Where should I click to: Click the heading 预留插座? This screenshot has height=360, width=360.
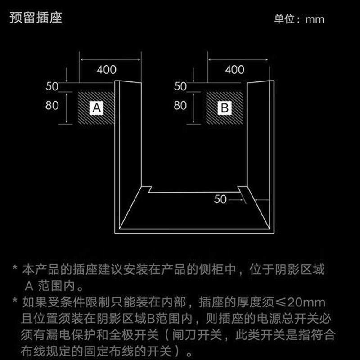click(36, 18)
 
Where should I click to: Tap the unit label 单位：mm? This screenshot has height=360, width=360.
click(299, 19)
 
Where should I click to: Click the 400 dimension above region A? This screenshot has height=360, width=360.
click(107, 70)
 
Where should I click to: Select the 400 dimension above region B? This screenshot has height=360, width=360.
click(234, 70)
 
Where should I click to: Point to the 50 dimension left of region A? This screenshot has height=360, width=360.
click(52, 85)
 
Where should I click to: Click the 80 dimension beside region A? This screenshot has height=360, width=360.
click(53, 106)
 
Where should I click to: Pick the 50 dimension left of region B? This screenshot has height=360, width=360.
click(180, 86)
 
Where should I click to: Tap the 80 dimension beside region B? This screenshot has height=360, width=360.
click(180, 106)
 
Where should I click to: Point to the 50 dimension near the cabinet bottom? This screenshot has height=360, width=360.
click(220, 199)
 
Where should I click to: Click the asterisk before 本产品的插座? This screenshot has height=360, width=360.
click(15, 270)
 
